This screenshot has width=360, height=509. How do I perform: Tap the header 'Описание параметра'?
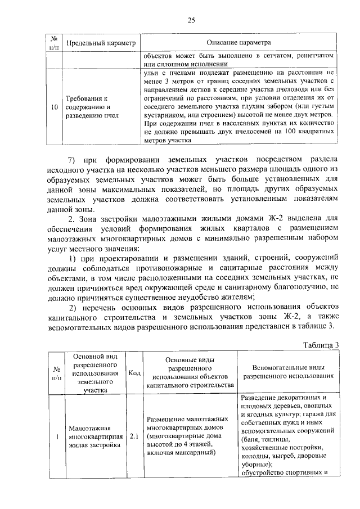click(238, 43)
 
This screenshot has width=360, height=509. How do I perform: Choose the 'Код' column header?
click(134, 372)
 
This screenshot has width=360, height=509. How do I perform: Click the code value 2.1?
click(134, 436)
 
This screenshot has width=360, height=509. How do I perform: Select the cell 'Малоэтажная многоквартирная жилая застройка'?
click(90, 436)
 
